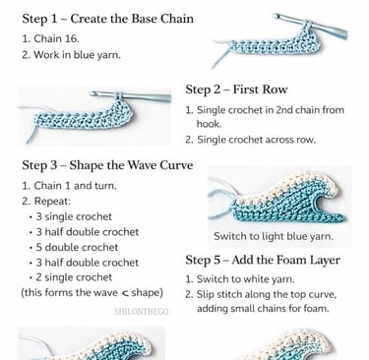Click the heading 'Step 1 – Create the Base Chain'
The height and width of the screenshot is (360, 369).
[x=107, y=19]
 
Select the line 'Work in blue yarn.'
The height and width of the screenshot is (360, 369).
[x=71, y=54]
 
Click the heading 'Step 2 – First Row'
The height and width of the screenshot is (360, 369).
[x=236, y=90]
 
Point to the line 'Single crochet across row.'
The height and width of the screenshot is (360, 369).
[x=250, y=140]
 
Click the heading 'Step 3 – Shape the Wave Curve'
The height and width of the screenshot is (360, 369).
[x=107, y=165]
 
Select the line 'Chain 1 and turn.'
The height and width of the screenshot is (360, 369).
[x=69, y=186]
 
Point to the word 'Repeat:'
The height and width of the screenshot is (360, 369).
[x=52, y=201]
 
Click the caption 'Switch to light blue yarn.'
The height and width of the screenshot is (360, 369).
[x=274, y=236]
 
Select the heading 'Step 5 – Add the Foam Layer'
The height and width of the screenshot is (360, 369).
[x=263, y=260]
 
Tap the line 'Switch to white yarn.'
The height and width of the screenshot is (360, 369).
[x=240, y=279]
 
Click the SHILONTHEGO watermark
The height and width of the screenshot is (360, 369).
[x=142, y=312]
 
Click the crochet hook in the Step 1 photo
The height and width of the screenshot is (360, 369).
[x=310, y=26]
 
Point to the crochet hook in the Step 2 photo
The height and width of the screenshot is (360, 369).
[x=131, y=96]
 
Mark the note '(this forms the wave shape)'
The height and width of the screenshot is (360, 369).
[x=92, y=292]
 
